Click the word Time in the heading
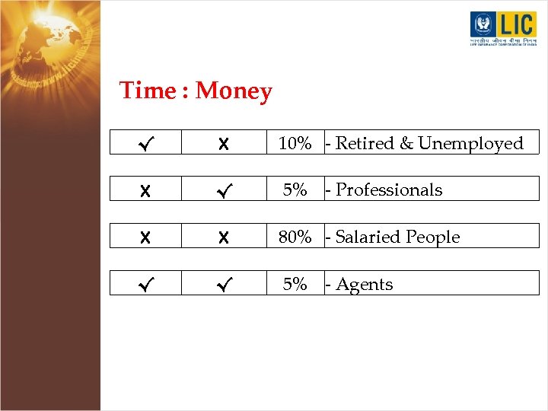[x=147, y=91]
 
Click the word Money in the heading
[x=234, y=91]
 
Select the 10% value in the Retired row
[x=295, y=143]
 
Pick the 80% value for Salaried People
[x=295, y=237]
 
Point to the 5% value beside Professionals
[x=295, y=190]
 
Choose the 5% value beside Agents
[x=295, y=284]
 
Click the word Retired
[x=365, y=143]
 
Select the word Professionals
[x=389, y=190]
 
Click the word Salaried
[x=370, y=237]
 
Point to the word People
[x=434, y=237]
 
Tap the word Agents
[x=365, y=285]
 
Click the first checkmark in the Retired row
[x=146, y=143]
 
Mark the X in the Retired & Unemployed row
[x=222, y=143]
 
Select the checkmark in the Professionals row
[x=222, y=190]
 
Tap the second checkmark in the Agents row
[x=222, y=284]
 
